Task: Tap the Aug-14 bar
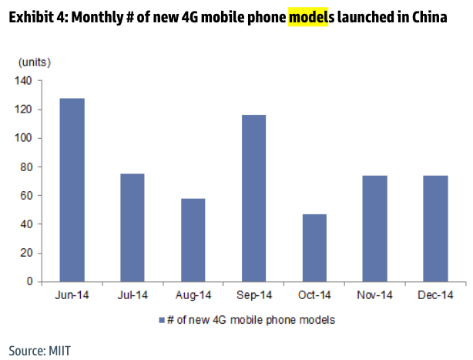tap(193, 240)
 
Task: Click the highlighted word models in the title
tap(307, 16)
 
